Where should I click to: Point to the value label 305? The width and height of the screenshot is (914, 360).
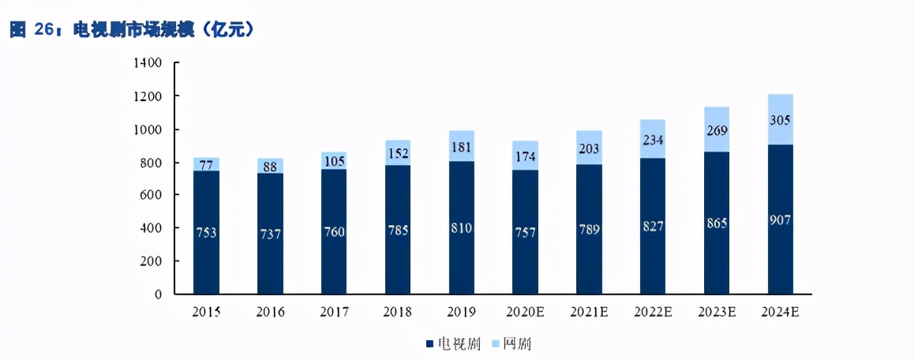[x=781, y=121]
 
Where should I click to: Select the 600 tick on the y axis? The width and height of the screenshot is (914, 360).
[x=151, y=195]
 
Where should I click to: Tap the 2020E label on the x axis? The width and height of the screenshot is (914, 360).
[x=526, y=312]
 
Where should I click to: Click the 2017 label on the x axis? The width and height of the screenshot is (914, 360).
[x=335, y=312]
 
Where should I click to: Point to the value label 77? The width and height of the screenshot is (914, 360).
[x=207, y=164]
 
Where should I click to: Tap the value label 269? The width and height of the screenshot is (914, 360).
[x=717, y=129]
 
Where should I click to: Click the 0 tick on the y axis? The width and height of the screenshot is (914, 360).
[x=158, y=294]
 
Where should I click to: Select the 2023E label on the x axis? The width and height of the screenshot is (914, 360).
[x=717, y=312]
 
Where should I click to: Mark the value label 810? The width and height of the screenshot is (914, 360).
[x=462, y=229]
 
